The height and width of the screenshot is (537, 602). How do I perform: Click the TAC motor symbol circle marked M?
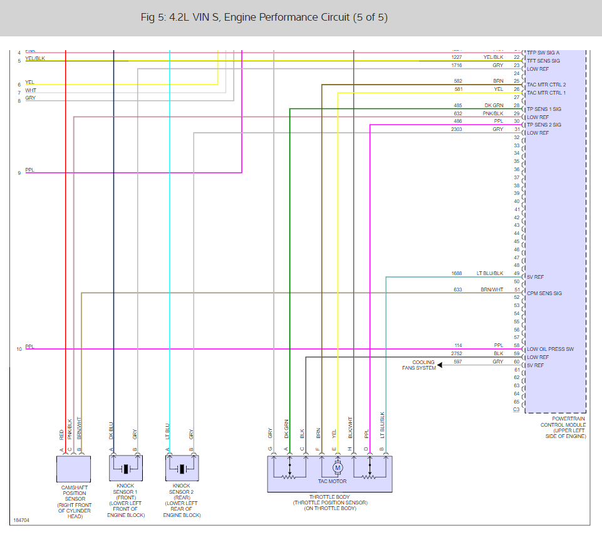(x=338, y=467)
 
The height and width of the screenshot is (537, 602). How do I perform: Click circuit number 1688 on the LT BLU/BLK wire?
(x=457, y=273)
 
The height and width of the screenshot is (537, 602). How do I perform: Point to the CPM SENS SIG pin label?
(x=544, y=293)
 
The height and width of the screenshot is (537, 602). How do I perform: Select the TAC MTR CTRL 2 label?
(x=546, y=85)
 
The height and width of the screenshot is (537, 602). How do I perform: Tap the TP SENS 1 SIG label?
(x=544, y=109)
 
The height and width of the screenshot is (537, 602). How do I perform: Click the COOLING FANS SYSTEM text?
(x=419, y=365)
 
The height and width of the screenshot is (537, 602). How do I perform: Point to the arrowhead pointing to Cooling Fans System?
(x=441, y=365)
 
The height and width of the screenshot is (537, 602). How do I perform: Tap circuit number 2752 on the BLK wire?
(x=457, y=354)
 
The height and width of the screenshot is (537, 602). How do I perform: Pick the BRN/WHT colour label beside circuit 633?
(x=492, y=289)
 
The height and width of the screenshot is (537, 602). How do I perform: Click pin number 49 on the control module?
(x=517, y=273)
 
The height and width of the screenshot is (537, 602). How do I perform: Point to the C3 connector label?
(x=516, y=409)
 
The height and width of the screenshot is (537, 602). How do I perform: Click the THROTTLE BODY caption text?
(x=330, y=497)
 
